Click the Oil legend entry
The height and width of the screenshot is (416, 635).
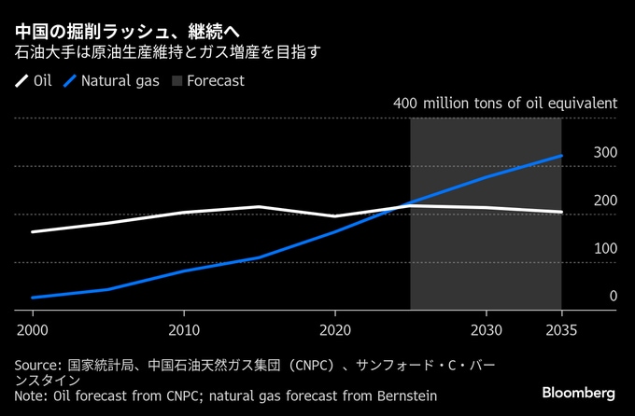point(35,80)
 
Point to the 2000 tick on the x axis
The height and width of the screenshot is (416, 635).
point(32,329)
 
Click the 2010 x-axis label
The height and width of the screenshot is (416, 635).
point(184,329)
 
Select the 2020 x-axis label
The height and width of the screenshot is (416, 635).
point(335,329)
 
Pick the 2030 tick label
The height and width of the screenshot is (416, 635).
point(487,329)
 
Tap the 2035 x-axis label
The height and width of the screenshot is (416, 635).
point(561,329)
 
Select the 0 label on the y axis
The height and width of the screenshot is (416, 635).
point(614,297)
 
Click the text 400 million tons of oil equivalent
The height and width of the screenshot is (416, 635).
point(505,103)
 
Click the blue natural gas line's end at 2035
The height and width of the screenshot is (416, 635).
point(561,156)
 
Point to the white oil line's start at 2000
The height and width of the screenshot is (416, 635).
point(33,231)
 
